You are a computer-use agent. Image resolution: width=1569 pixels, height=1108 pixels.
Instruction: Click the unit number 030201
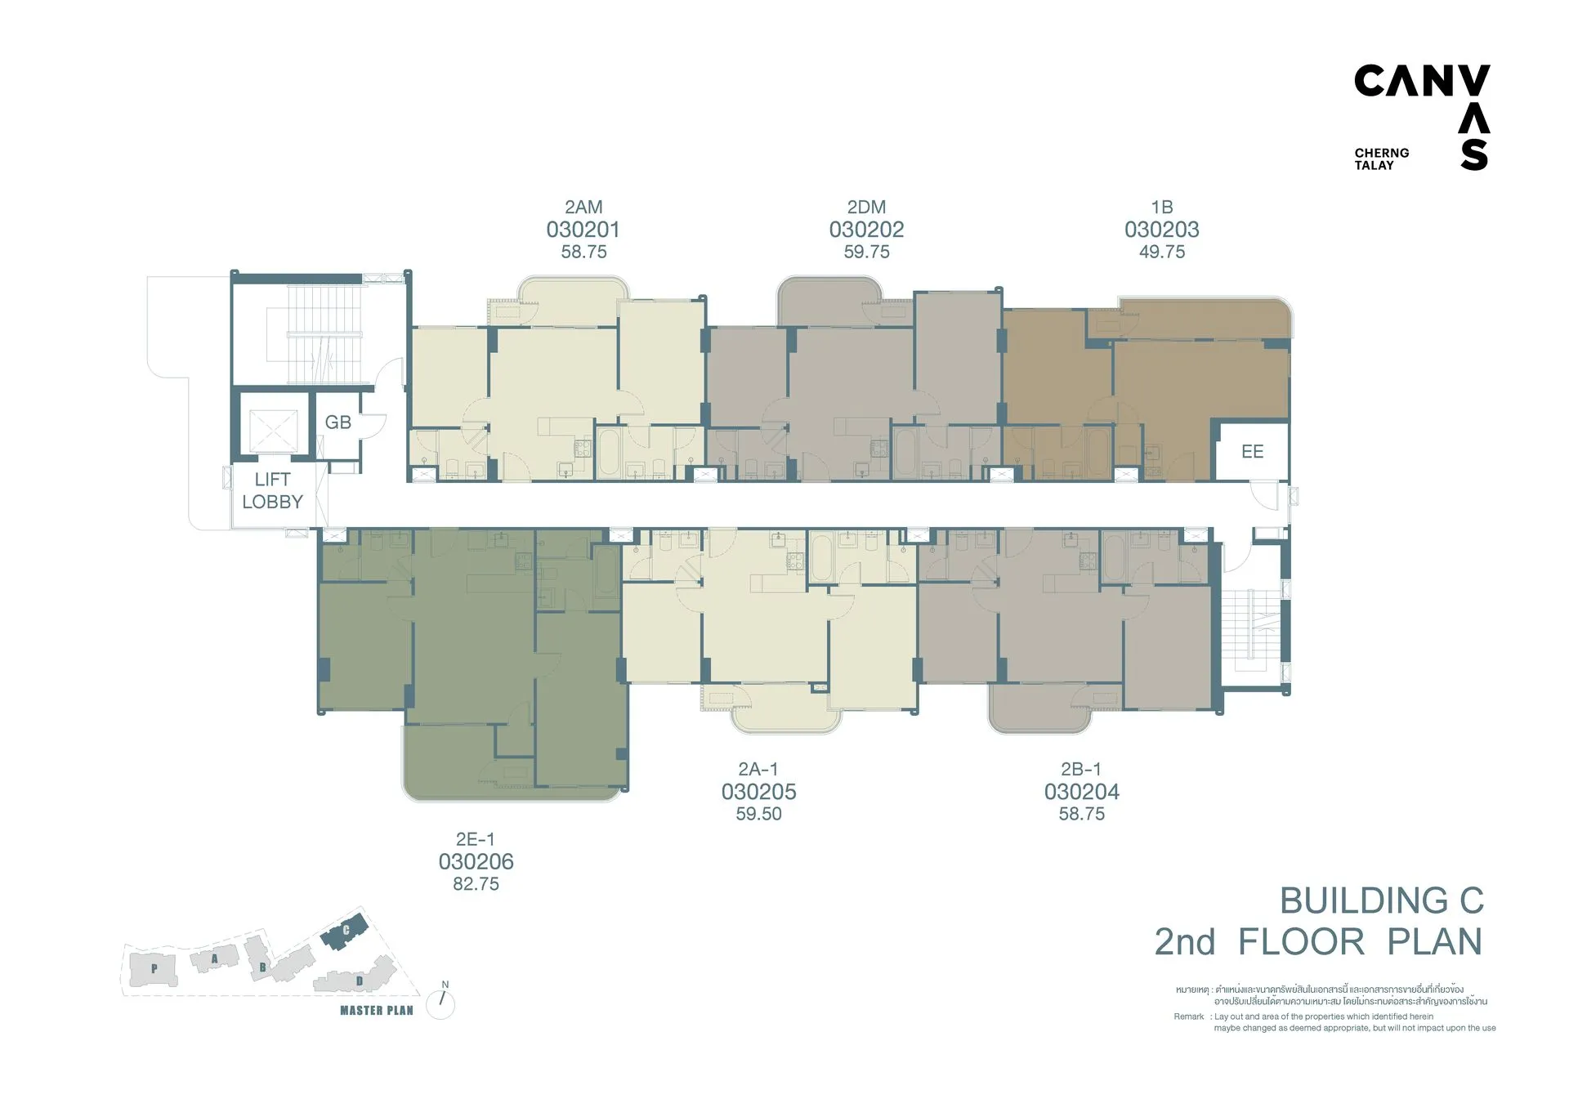click(x=583, y=230)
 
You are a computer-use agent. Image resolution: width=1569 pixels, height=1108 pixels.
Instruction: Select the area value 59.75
click(x=866, y=252)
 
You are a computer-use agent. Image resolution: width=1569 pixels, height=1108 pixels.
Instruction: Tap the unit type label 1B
click(x=1161, y=208)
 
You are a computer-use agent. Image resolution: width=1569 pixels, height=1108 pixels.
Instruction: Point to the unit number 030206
click(x=476, y=861)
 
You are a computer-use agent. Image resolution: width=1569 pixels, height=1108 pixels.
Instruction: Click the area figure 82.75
click(x=476, y=883)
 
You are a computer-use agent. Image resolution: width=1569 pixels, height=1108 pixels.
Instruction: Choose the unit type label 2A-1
click(x=758, y=769)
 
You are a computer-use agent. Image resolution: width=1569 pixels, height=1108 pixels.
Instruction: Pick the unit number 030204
click(x=1081, y=791)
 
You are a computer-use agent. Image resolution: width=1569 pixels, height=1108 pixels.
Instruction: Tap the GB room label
click(x=337, y=422)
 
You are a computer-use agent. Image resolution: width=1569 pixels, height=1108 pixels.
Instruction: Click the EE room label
click(x=1252, y=451)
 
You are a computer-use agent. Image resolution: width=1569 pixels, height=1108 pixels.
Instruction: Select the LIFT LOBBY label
click(x=272, y=490)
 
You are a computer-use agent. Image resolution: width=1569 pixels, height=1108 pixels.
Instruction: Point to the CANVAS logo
click(x=1423, y=117)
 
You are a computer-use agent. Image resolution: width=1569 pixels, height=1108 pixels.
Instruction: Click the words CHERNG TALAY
click(x=1382, y=159)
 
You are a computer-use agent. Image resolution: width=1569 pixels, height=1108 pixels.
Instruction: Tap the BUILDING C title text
click(x=1381, y=900)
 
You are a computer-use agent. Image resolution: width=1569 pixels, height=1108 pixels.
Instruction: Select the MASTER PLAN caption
click(x=377, y=1010)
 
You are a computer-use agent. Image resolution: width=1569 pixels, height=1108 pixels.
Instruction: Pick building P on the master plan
click(x=154, y=967)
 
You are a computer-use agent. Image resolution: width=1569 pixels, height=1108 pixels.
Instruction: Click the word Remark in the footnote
click(x=1189, y=1016)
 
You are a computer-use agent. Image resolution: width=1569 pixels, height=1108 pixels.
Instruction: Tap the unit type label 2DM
click(x=866, y=208)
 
